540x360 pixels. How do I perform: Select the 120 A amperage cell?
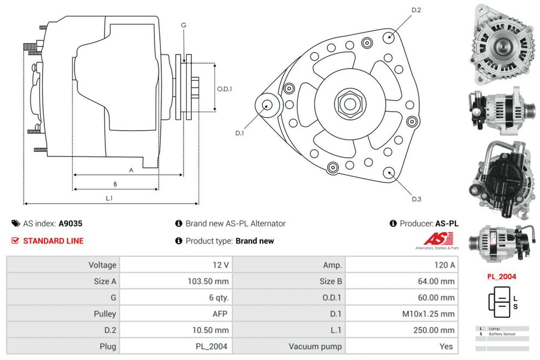click(x=444, y=265)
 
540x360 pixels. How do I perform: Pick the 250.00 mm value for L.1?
click(x=435, y=330)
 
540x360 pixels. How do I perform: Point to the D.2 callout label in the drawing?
click(x=416, y=10)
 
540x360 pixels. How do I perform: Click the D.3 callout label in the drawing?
click(x=416, y=200)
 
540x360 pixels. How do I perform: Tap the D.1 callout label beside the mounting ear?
click(x=240, y=133)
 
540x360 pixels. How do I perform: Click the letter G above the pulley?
click(x=184, y=25)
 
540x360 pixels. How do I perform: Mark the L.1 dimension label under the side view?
click(x=109, y=198)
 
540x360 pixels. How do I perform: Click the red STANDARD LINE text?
click(x=53, y=241)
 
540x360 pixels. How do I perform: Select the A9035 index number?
click(x=70, y=223)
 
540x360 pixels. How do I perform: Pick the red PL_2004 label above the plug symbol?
click(x=501, y=276)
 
